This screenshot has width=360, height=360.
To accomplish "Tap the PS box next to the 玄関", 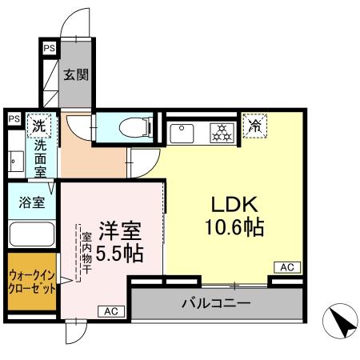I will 50,48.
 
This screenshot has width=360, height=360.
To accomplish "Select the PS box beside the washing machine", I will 14,118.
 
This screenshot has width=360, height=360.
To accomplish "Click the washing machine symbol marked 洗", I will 38,124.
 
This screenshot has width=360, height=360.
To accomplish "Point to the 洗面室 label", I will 38,160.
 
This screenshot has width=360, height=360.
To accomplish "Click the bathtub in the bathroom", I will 30,234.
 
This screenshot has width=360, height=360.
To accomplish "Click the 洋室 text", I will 120,232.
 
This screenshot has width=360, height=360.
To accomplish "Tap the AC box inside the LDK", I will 286,266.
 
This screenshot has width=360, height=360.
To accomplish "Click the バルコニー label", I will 215,303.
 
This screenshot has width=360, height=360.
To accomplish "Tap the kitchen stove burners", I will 219,131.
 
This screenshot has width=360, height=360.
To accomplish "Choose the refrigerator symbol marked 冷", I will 256,126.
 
